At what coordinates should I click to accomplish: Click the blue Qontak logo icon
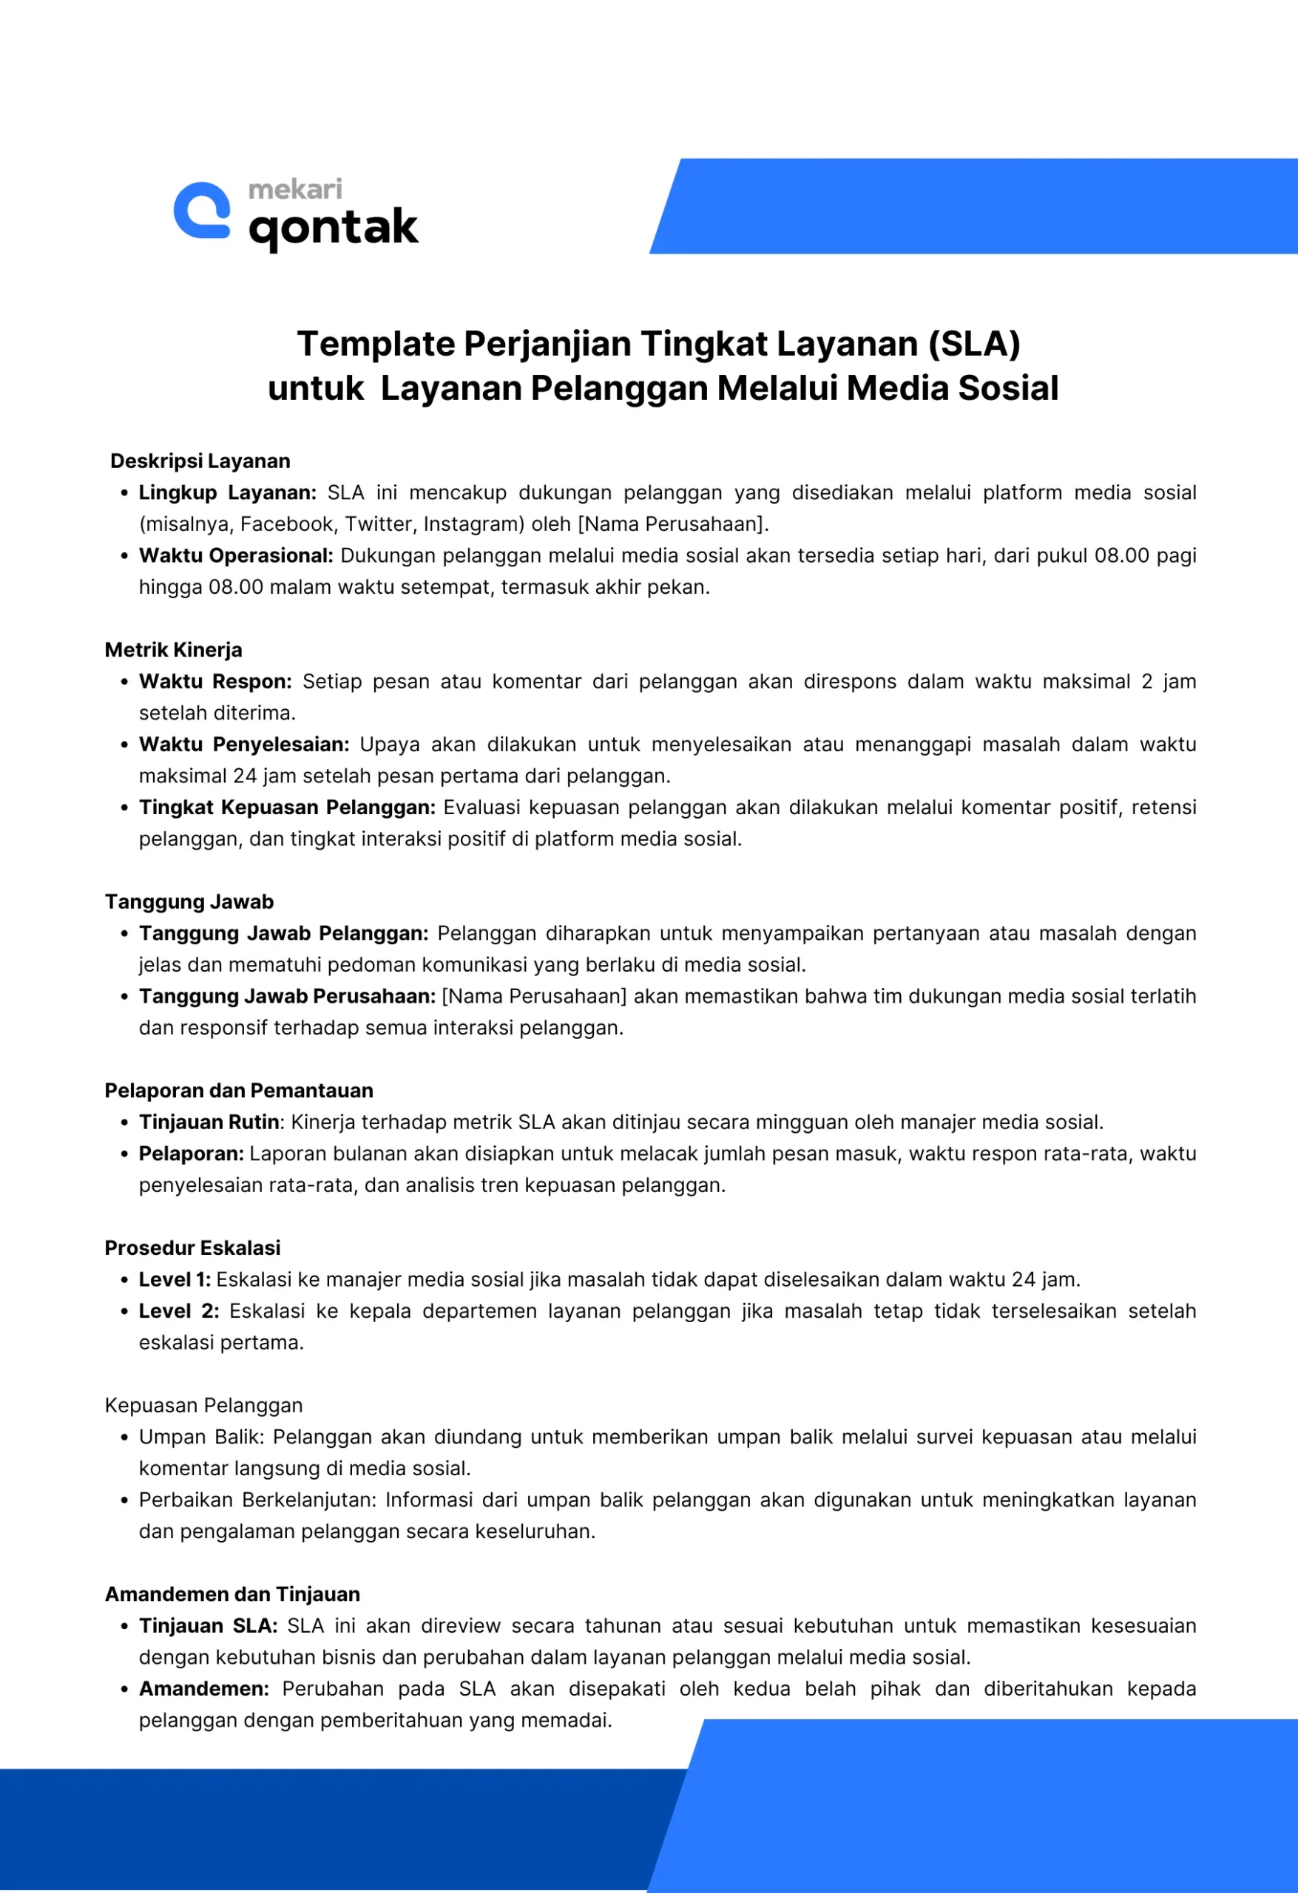(x=202, y=210)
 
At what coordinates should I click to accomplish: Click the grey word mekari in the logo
(x=295, y=189)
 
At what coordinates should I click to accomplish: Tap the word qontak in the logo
(x=334, y=228)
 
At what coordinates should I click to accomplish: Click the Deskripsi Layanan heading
(x=200, y=461)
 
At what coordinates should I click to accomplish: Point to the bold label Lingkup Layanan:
(x=227, y=492)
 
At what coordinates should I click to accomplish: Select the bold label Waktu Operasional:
(x=236, y=555)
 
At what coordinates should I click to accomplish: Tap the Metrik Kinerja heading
(x=174, y=650)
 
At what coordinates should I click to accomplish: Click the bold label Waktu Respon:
(x=215, y=682)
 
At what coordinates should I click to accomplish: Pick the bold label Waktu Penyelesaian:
(x=243, y=745)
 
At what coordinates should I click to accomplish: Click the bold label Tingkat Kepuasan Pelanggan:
(x=287, y=807)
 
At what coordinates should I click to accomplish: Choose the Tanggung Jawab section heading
(x=189, y=901)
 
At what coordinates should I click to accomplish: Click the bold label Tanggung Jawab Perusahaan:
(x=287, y=996)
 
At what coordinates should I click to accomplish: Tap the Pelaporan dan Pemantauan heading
(x=239, y=1091)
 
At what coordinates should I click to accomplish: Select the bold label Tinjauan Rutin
(x=209, y=1122)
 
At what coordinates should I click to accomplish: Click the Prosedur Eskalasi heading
(x=192, y=1248)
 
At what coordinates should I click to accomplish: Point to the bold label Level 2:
(x=178, y=1310)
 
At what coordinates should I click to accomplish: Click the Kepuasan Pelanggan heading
(x=203, y=1405)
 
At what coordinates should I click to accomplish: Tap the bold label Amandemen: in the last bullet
(x=203, y=1689)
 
